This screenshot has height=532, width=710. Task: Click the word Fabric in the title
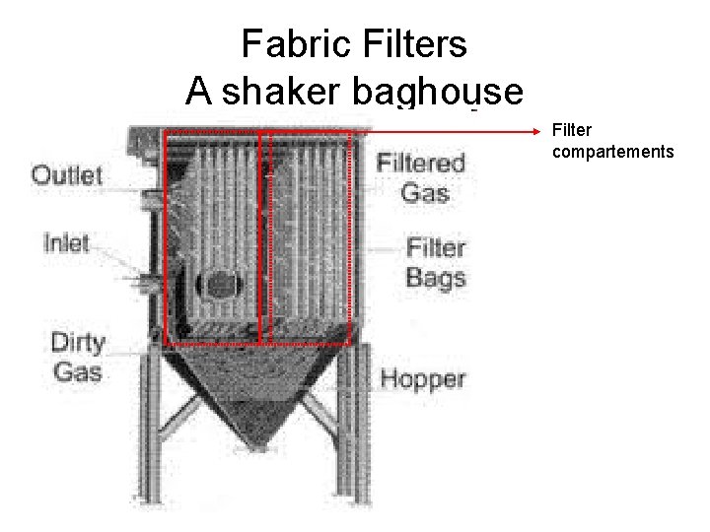286,44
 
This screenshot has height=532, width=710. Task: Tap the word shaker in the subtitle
277,92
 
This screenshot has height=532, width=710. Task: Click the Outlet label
67,175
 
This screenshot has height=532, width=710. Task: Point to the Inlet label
66,242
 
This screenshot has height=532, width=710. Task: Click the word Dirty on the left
78,343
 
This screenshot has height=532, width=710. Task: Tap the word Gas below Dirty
78,371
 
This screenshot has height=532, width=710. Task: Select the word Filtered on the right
421,163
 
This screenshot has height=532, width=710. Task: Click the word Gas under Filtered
425,191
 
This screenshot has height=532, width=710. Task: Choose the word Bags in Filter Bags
435,277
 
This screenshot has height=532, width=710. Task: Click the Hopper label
423,378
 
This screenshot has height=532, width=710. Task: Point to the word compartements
613,152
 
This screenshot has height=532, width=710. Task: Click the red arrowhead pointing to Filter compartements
536,130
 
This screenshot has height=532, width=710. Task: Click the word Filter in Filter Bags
435,247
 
